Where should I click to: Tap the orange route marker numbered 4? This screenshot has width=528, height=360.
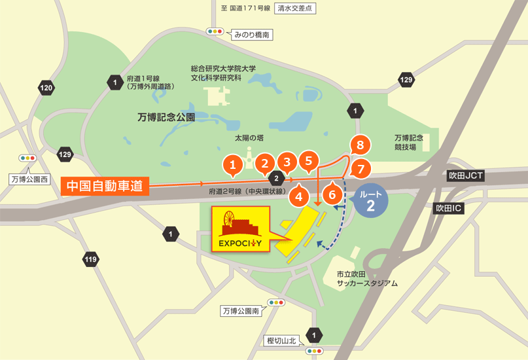click(x=299, y=195)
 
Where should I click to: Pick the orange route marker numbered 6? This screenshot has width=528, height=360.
click(x=332, y=194)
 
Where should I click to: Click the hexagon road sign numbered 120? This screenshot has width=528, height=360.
click(x=46, y=88)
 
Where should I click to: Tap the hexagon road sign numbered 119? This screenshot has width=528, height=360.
click(x=90, y=260)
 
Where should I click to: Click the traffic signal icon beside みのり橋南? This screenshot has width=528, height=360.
click(x=215, y=31)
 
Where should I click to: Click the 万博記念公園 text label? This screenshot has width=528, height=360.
click(x=167, y=117)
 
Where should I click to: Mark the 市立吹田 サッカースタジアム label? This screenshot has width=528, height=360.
click(x=366, y=279)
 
